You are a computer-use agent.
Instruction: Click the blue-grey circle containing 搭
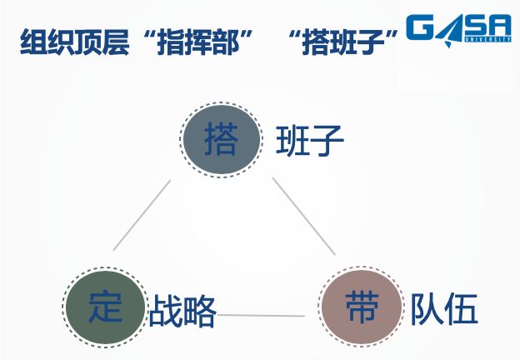point(220,138)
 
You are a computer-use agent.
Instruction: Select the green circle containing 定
point(105,307)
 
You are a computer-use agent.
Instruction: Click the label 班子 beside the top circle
point(310,142)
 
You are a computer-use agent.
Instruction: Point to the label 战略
point(183,312)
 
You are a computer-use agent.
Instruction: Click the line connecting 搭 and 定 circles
point(142,214)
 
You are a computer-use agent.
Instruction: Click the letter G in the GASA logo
point(420,28)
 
